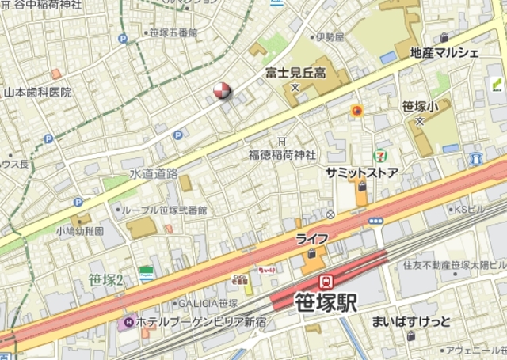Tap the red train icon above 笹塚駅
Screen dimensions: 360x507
(325, 282)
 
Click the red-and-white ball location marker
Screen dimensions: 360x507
(223, 93)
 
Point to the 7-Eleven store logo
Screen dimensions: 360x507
(381, 157)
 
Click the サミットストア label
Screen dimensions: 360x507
(361, 172)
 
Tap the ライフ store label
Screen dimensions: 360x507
(312, 237)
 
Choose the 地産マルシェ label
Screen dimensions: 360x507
(444, 53)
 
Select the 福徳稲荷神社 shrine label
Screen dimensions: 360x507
(282, 154)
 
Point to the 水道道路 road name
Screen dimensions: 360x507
(154, 172)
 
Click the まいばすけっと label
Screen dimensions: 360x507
(410, 321)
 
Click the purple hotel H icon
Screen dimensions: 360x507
(126, 323)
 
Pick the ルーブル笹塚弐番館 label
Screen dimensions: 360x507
(165, 210)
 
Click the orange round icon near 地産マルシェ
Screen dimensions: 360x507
(357, 112)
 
